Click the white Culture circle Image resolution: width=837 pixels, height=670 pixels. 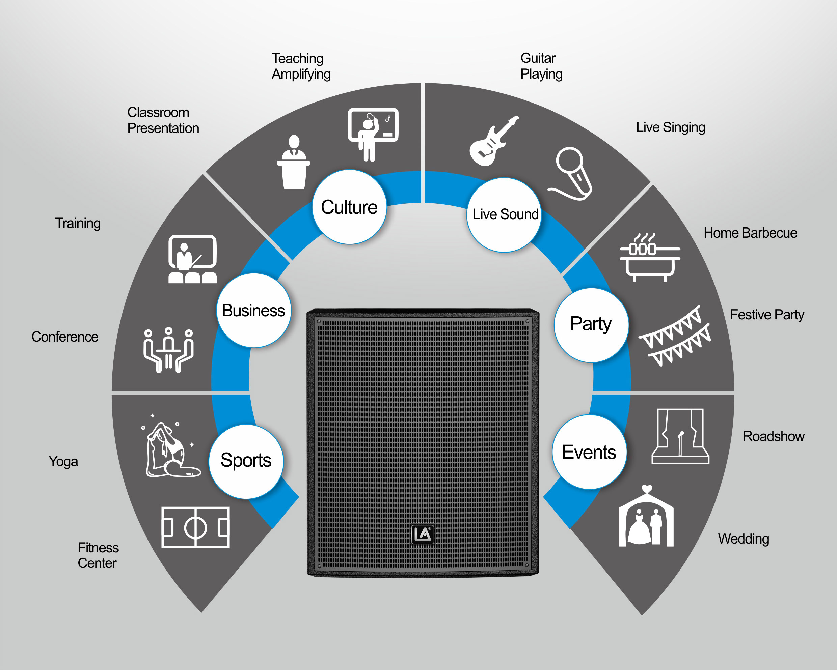[349, 207]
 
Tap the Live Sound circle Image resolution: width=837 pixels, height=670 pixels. [504, 215]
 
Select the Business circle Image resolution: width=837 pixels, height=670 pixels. [254, 310]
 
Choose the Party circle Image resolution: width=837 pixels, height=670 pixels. [591, 325]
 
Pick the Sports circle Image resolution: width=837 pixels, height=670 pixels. [246, 462]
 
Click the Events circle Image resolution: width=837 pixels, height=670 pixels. [589, 452]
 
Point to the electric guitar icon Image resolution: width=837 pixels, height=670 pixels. [493, 141]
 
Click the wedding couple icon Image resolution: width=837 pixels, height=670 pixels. [646, 516]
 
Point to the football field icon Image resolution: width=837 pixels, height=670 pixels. [196, 527]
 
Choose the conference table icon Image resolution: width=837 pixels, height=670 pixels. [168, 350]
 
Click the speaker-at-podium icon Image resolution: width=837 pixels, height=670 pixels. [294, 162]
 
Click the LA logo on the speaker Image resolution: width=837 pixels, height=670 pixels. [423, 534]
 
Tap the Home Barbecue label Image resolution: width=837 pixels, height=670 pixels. [750, 233]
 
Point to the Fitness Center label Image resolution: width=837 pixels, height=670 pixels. [98, 555]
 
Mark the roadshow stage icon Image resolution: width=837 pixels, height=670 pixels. [680, 436]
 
